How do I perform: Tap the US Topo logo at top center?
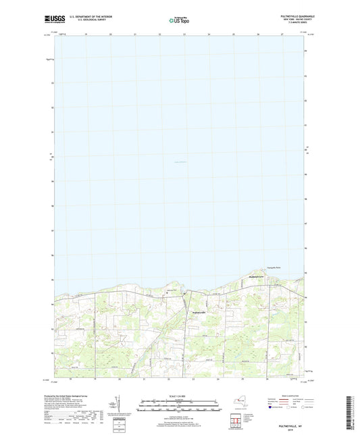(x=179, y=20)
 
